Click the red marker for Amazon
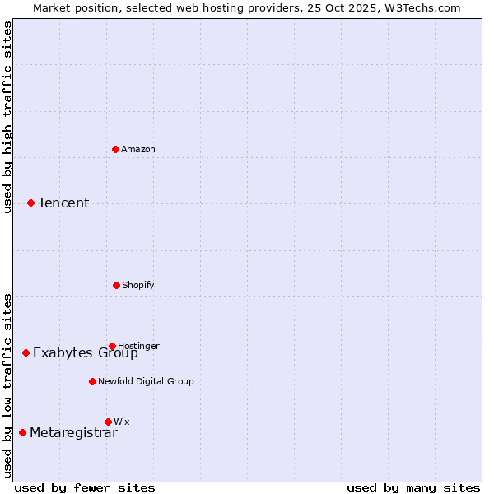click(116, 149)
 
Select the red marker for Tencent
click(30, 203)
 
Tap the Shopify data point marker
click(116, 285)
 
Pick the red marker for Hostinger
click(112, 346)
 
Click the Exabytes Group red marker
click(26, 352)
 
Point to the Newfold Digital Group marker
click(92, 381)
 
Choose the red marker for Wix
click(108, 422)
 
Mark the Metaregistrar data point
click(22, 432)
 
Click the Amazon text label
click(138, 149)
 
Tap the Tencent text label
click(63, 203)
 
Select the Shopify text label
click(138, 285)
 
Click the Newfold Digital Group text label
click(146, 381)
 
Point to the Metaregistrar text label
click(73, 433)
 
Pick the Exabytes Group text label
click(86, 353)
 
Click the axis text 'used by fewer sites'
click(85, 487)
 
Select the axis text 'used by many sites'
click(413, 487)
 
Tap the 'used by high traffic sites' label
click(8, 117)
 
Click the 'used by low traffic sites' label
click(8, 384)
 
